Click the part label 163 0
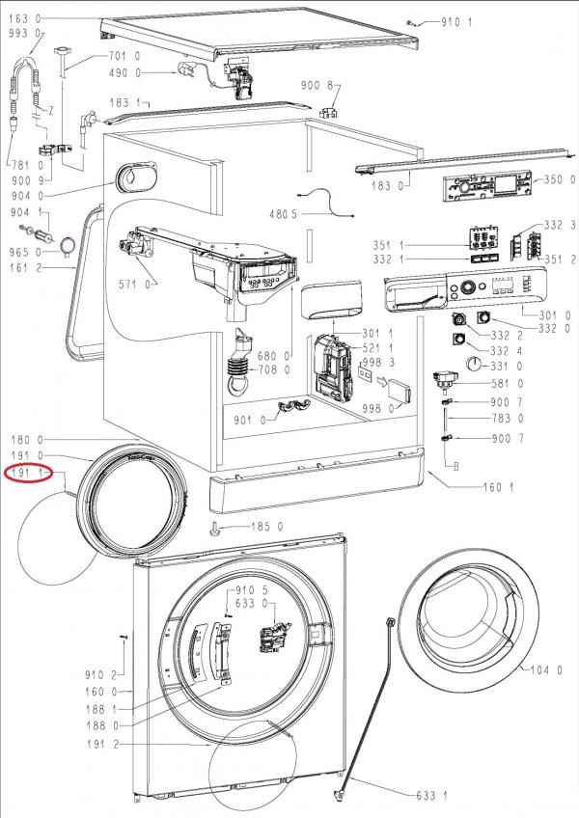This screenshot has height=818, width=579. [x=23, y=19]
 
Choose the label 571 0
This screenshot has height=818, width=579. [x=134, y=285]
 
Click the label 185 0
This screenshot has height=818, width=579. [x=266, y=527]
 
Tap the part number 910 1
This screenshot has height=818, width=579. [x=456, y=20]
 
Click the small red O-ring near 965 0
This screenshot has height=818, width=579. [x=68, y=246]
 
